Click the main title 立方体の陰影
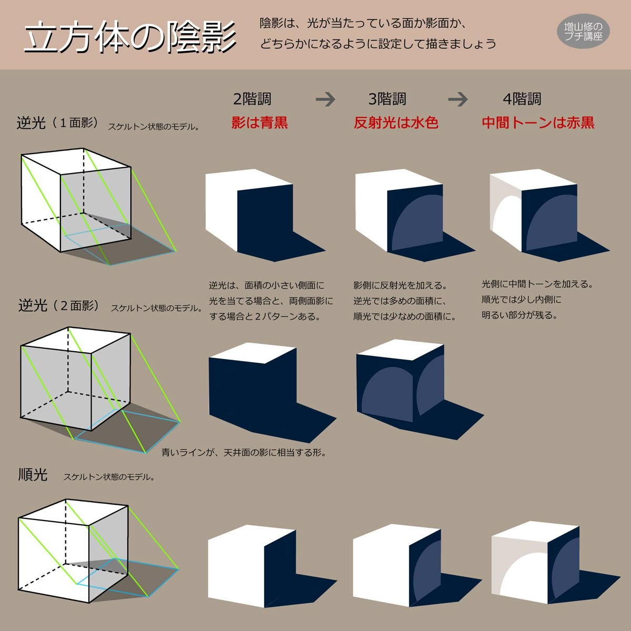[x=130, y=37]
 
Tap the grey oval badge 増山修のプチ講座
[x=583, y=31]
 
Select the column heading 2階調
[x=252, y=99]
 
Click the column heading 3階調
[x=387, y=99]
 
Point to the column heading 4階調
[x=522, y=99]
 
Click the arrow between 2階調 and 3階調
[x=325, y=99]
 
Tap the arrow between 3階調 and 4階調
[x=458, y=99]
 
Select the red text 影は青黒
[x=259, y=123]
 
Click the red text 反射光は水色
[x=396, y=123]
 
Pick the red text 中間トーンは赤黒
[x=538, y=123]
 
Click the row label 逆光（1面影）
[x=58, y=123]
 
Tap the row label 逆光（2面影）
[x=58, y=306]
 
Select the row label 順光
[x=33, y=474]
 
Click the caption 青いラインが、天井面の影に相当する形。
[x=244, y=453]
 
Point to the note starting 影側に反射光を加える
[x=404, y=301]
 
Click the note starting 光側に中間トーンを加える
[x=537, y=300]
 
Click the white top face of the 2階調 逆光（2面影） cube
[x=252, y=353]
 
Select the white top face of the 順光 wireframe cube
[x=73, y=513]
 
